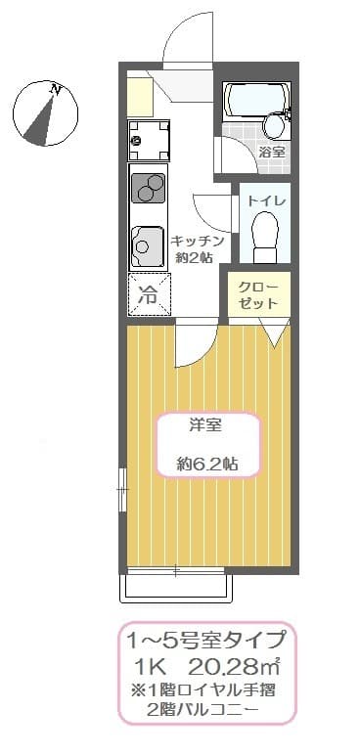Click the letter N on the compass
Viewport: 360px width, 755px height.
pyautogui.click(x=57, y=90)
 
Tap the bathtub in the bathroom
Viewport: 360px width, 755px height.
pyautogui.click(x=257, y=100)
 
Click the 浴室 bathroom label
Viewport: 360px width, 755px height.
pyautogui.click(x=273, y=153)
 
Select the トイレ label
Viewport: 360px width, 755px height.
pyautogui.click(x=267, y=200)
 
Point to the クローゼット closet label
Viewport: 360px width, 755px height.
pyautogui.click(x=259, y=295)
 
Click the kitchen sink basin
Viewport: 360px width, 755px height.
pyautogui.click(x=148, y=246)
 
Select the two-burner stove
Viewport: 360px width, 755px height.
pyautogui.click(x=149, y=188)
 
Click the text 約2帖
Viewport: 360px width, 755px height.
pyautogui.click(x=195, y=257)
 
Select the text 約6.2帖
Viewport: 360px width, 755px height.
pyautogui.click(x=206, y=465)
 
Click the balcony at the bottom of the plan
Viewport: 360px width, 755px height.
pyautogui.click(x=176, y=588)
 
